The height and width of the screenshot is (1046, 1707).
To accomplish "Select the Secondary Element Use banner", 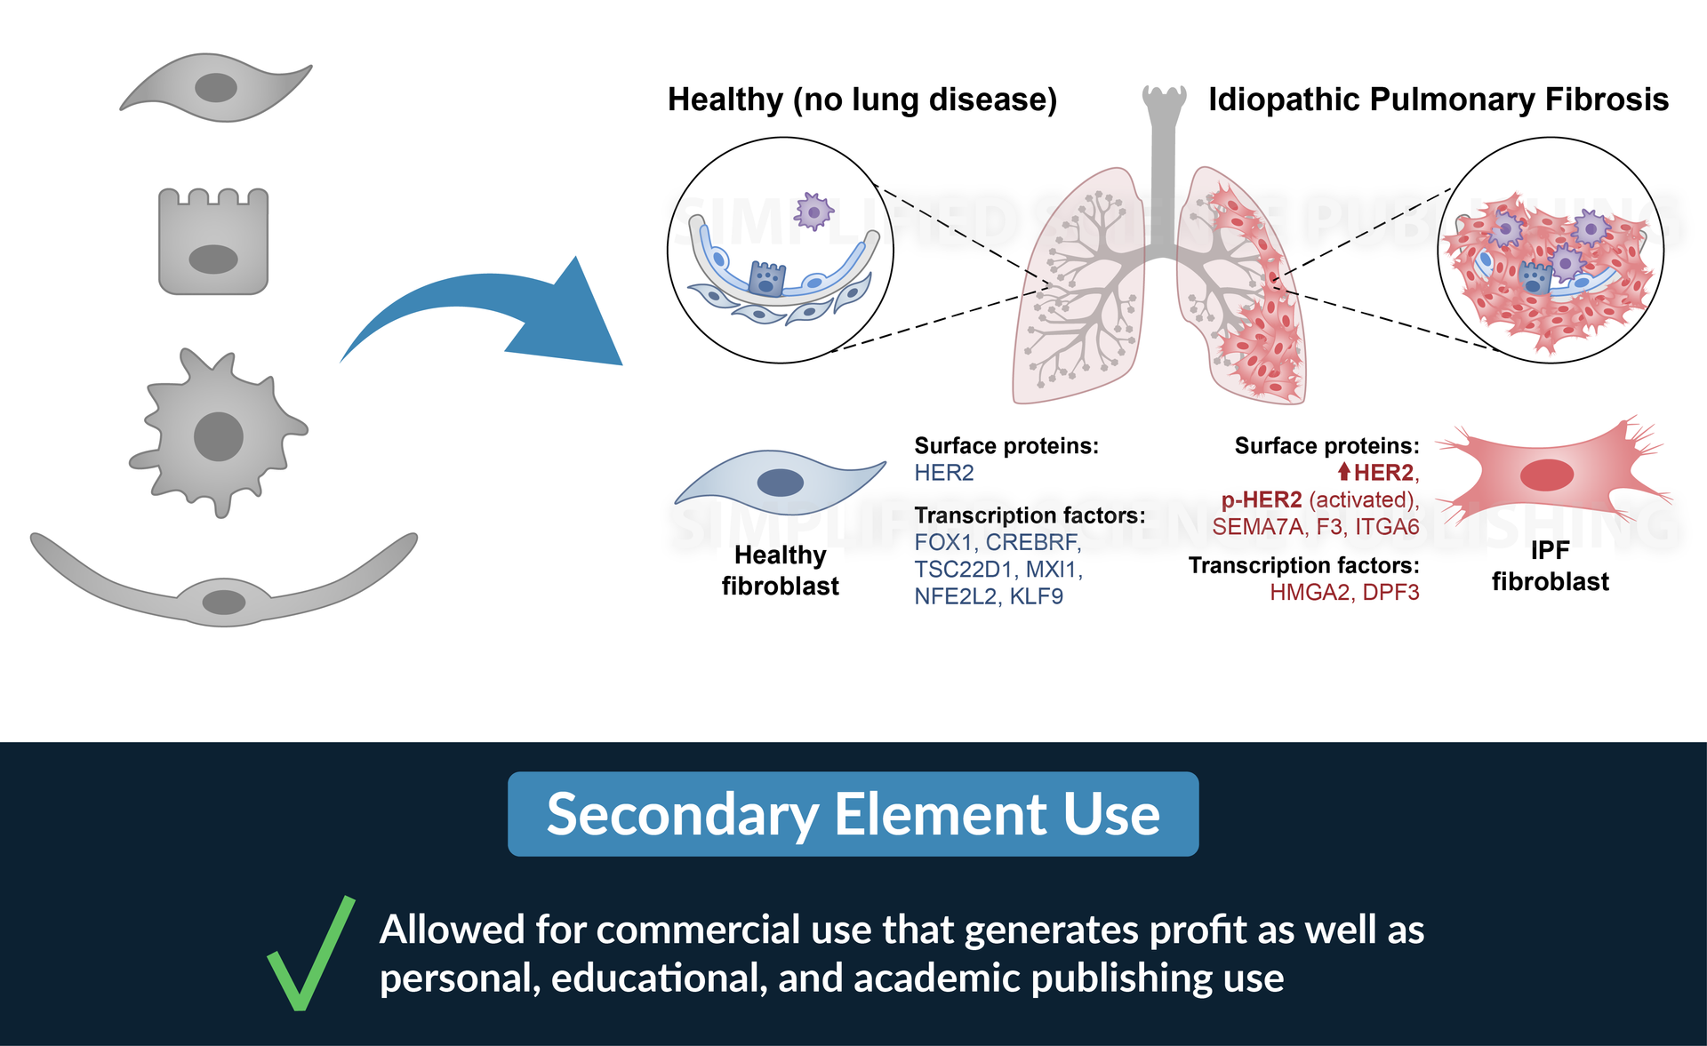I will (853, 814).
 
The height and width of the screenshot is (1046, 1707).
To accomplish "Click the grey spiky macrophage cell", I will (219, 434).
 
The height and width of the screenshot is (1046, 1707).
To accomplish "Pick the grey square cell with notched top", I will (213, 242).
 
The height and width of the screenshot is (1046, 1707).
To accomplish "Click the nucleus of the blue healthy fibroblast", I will (780, 483).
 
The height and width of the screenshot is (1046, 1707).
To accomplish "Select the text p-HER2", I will (1261, 499).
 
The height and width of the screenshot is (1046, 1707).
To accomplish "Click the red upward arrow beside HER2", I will (1343, 472).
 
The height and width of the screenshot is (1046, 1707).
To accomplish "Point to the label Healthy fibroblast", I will (780, 571).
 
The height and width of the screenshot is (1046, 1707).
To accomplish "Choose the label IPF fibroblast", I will (1550, 566).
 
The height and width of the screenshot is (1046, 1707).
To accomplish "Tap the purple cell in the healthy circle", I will (813, 212).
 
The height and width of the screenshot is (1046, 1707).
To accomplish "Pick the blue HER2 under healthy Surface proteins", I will (943, 473).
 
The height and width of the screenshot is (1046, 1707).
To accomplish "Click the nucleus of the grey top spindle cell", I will (216, 88).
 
